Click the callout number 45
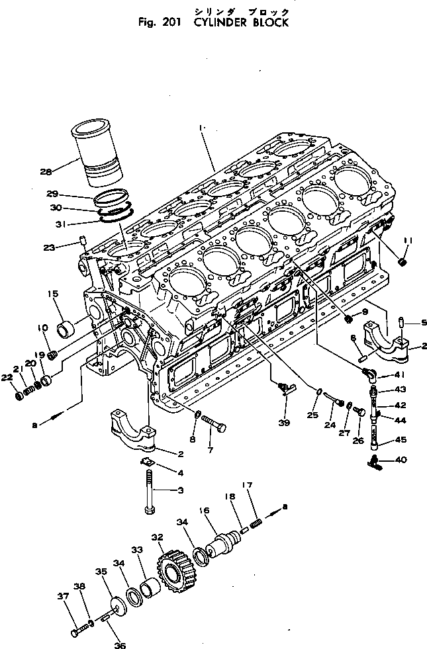[x=402, y=440]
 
